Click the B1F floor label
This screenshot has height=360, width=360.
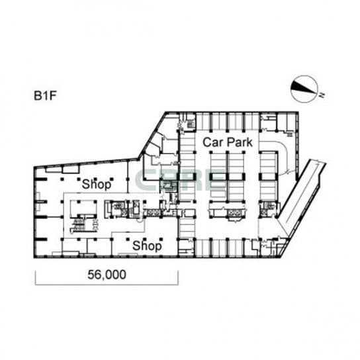(x=45, y=96)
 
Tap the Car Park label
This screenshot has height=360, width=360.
(x=228, y=142)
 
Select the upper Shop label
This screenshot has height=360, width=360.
(x=97, y=184)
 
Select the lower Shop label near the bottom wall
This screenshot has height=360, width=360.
(x=147, y=246)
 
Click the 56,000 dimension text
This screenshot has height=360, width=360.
(x=107, y=275)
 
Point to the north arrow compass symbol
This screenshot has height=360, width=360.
(x=304, y=89)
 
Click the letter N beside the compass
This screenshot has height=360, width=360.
(x=322, y=95)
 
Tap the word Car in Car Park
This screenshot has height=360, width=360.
(x=213, y=142)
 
